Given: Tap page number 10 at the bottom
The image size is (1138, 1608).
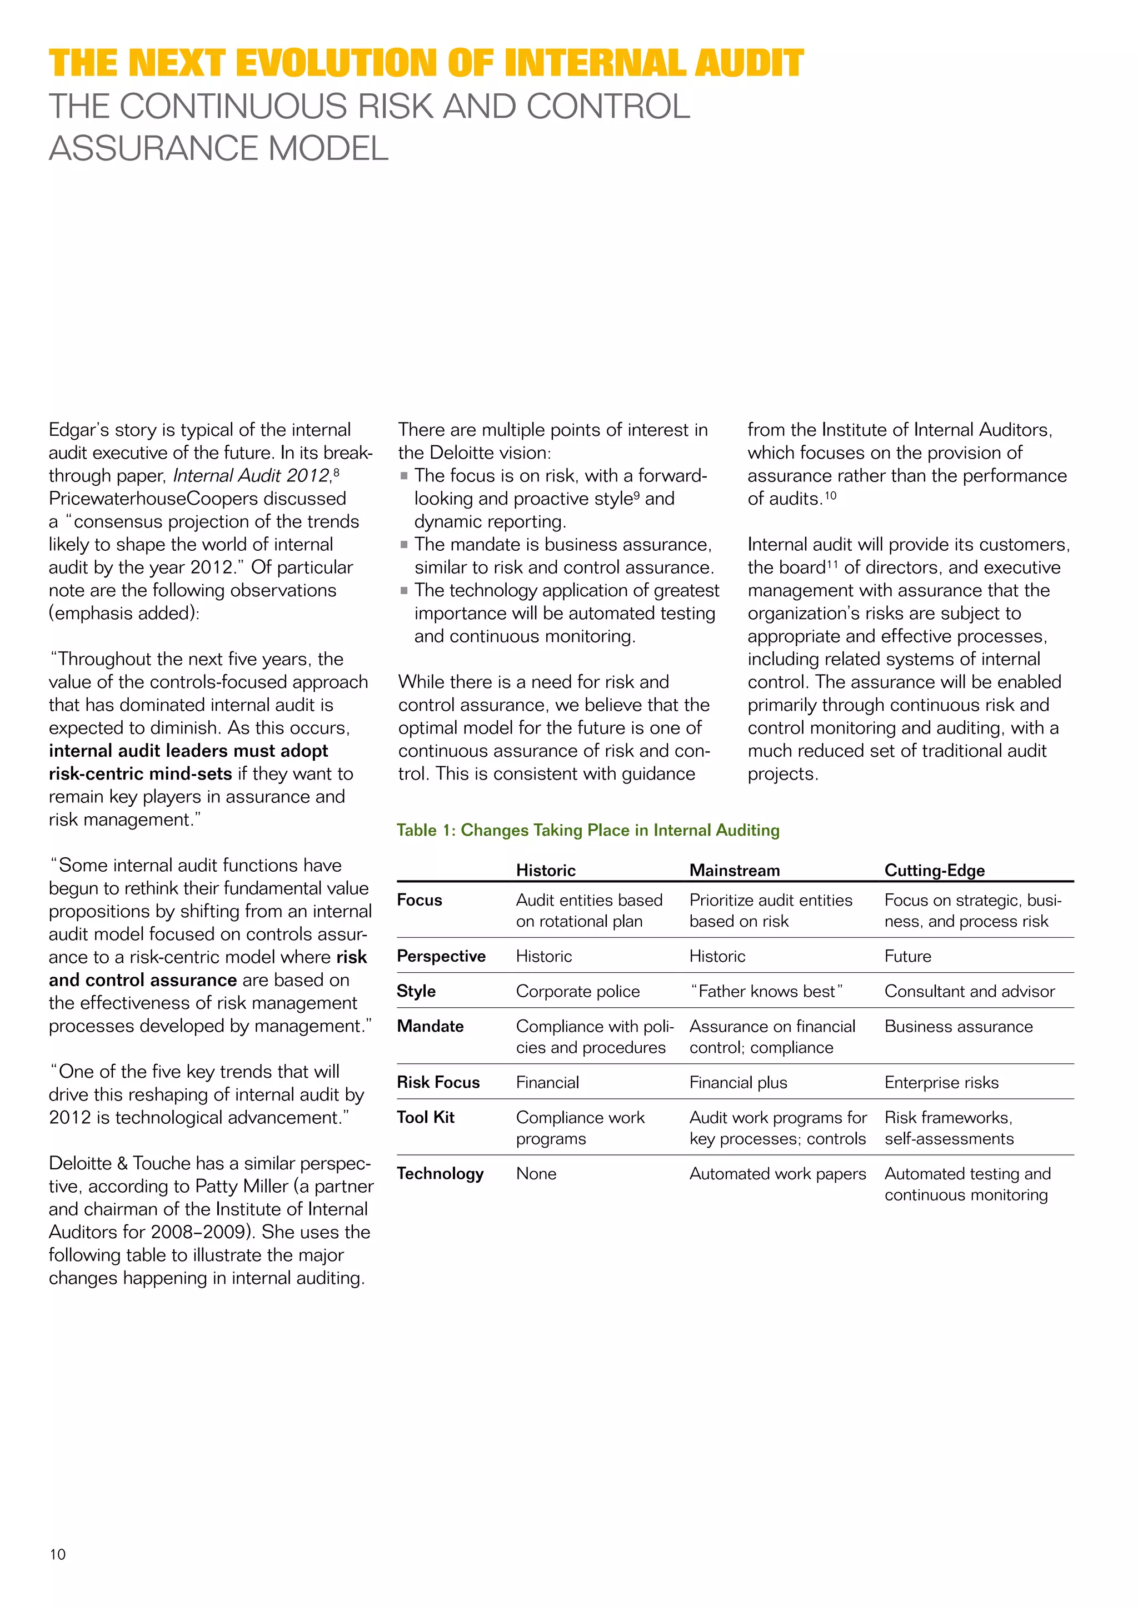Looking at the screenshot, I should [x=57, y=1554].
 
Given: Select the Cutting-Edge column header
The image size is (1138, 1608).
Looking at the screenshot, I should [x=934, y=870].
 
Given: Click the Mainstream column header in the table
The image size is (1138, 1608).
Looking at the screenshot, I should [x=735, y=870].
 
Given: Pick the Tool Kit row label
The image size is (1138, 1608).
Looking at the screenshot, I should [x=425, y=1117].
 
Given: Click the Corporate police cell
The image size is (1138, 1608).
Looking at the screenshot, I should [x=577, y=991].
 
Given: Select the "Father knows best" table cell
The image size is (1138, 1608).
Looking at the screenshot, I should [x=766, y=991].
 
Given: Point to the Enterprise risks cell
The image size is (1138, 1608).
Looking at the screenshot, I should [x=941, y=1082].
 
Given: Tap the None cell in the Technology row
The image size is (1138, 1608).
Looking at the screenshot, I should [x=536, y=1173].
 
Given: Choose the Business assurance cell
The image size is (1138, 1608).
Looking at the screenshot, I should [x=958, y=1026].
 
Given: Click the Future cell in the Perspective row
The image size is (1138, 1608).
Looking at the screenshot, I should [x=907, y=956].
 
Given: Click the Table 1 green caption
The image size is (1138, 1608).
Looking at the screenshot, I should [x=587, y=830].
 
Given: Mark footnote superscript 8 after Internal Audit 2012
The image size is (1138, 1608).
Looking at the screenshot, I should [x=336, y=472].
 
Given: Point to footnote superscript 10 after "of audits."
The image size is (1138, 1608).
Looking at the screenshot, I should [x=830, y=495].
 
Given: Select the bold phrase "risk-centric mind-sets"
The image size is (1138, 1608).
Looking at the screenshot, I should [x=140, y=774].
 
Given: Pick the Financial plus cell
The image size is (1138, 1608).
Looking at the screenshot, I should [x=738, y=1082].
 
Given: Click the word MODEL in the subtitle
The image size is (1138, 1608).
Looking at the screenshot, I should [x=328, y=148].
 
